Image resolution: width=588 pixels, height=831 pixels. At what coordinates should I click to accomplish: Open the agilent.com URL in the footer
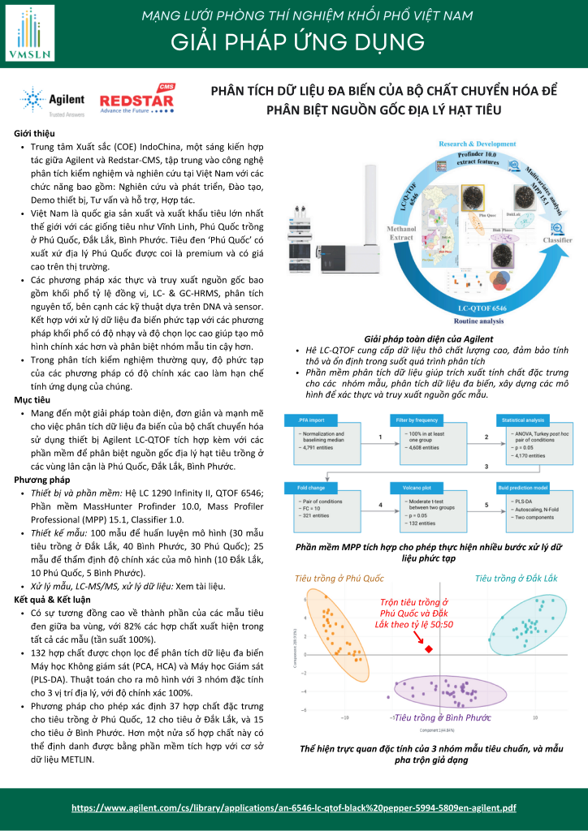coord(294,808)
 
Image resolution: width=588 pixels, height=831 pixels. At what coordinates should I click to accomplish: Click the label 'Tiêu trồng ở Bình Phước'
coord(443,718)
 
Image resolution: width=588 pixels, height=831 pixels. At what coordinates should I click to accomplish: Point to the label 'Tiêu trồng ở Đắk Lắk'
coord(517,578)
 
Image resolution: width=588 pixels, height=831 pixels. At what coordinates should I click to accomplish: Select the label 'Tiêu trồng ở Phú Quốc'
coord(339,578)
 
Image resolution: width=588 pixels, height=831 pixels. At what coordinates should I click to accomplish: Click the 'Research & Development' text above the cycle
coord(478,144)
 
